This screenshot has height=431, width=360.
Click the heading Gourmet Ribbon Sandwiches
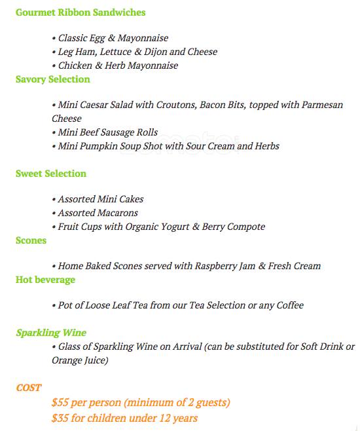coord(81,12)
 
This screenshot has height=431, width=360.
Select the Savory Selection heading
coord(53,79)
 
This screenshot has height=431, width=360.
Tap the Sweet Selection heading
coord(51,174)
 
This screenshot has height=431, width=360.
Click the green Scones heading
coord(31,240)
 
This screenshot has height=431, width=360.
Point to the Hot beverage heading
coord(45,280)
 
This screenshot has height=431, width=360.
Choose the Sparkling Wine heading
coord(51,333)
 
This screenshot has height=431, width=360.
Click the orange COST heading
coord(29,388)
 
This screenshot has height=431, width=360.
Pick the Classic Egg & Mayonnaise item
coord(113,39)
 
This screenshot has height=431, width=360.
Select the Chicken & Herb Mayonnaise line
coord(118,66)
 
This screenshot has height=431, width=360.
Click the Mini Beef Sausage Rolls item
coord(108,132)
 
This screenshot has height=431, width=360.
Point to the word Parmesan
coord(322,105)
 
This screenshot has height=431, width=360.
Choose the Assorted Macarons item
coord(98,213)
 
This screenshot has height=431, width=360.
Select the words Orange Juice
coord(80,360)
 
